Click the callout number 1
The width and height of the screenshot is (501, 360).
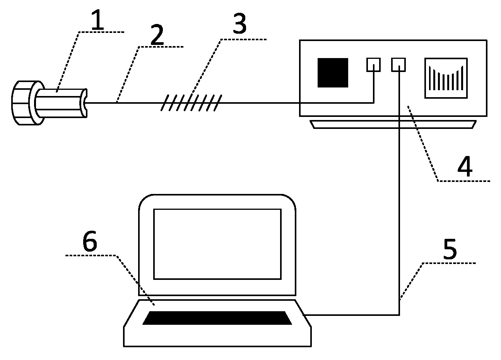[98, 20]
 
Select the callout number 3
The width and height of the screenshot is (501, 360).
[239, 23]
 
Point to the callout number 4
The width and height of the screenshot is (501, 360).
[465, 166]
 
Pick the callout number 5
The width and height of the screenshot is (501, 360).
[450, 249]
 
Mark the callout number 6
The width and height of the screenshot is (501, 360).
[90, 240]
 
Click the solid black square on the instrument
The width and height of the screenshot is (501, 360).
[333, 73]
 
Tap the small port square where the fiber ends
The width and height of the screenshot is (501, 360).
[373, 65]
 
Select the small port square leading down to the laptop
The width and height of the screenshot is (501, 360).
[398, 65]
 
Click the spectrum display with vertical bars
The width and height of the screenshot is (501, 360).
[446, 78]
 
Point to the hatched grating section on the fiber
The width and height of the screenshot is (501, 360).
[191, 103]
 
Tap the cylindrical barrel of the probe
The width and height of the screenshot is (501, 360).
[59, 103]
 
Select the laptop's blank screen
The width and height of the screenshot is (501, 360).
[217, 244]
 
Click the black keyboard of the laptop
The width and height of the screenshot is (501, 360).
[217, 318]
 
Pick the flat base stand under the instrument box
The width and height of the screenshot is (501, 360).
[393, 124]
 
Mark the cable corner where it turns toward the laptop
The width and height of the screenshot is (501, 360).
[399, 315]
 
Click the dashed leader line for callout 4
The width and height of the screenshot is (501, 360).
[423, 144]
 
